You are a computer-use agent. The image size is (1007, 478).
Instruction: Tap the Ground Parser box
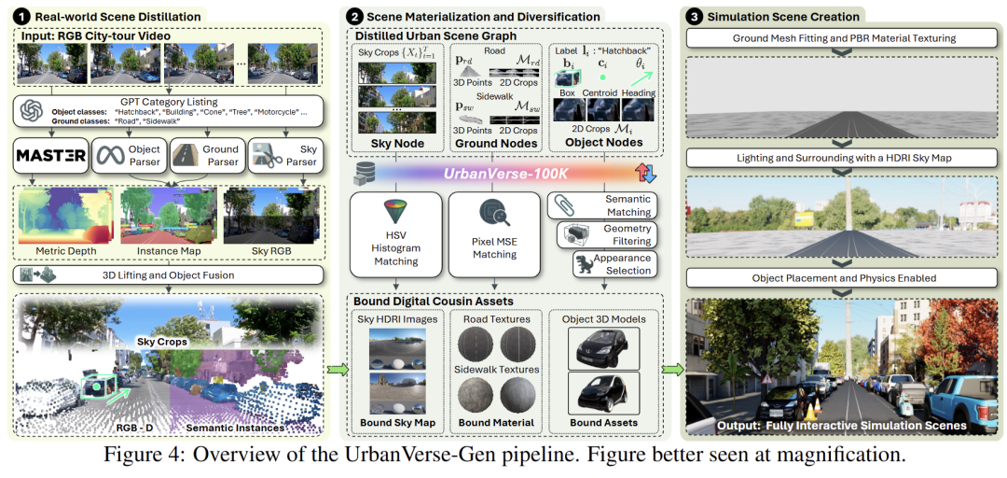pyautogui.click(x=206, y=154)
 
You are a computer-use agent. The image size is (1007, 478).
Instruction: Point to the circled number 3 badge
pyautogui.click(x=695, y=16)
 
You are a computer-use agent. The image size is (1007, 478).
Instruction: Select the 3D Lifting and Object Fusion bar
pyautogui.click(x=168, y=274)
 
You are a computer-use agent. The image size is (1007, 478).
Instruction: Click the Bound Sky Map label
pyautogui.click(x=397, y=423)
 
